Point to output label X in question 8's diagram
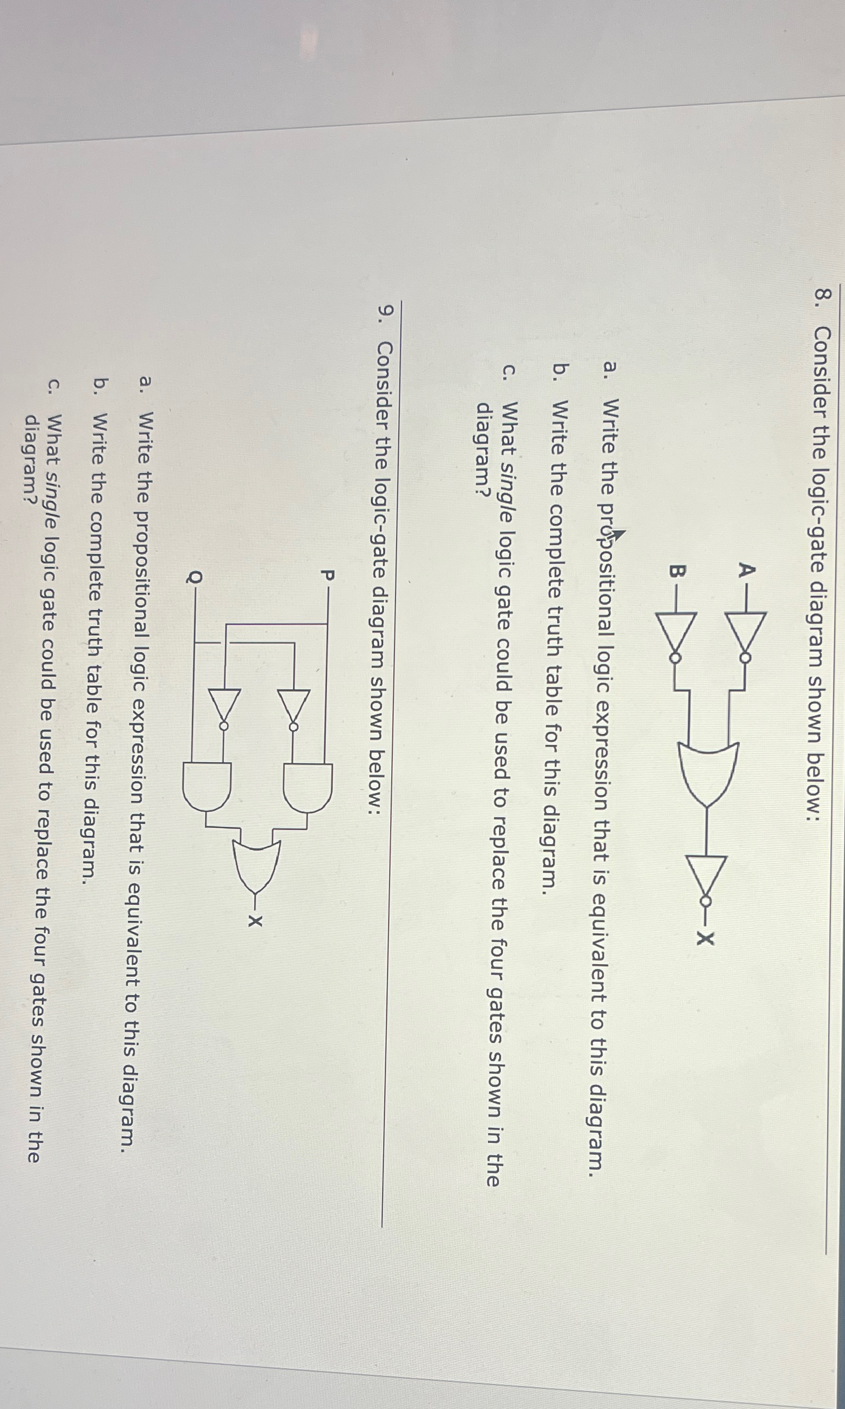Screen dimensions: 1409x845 [706, 937]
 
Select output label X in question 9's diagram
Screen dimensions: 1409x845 [256, 920]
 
